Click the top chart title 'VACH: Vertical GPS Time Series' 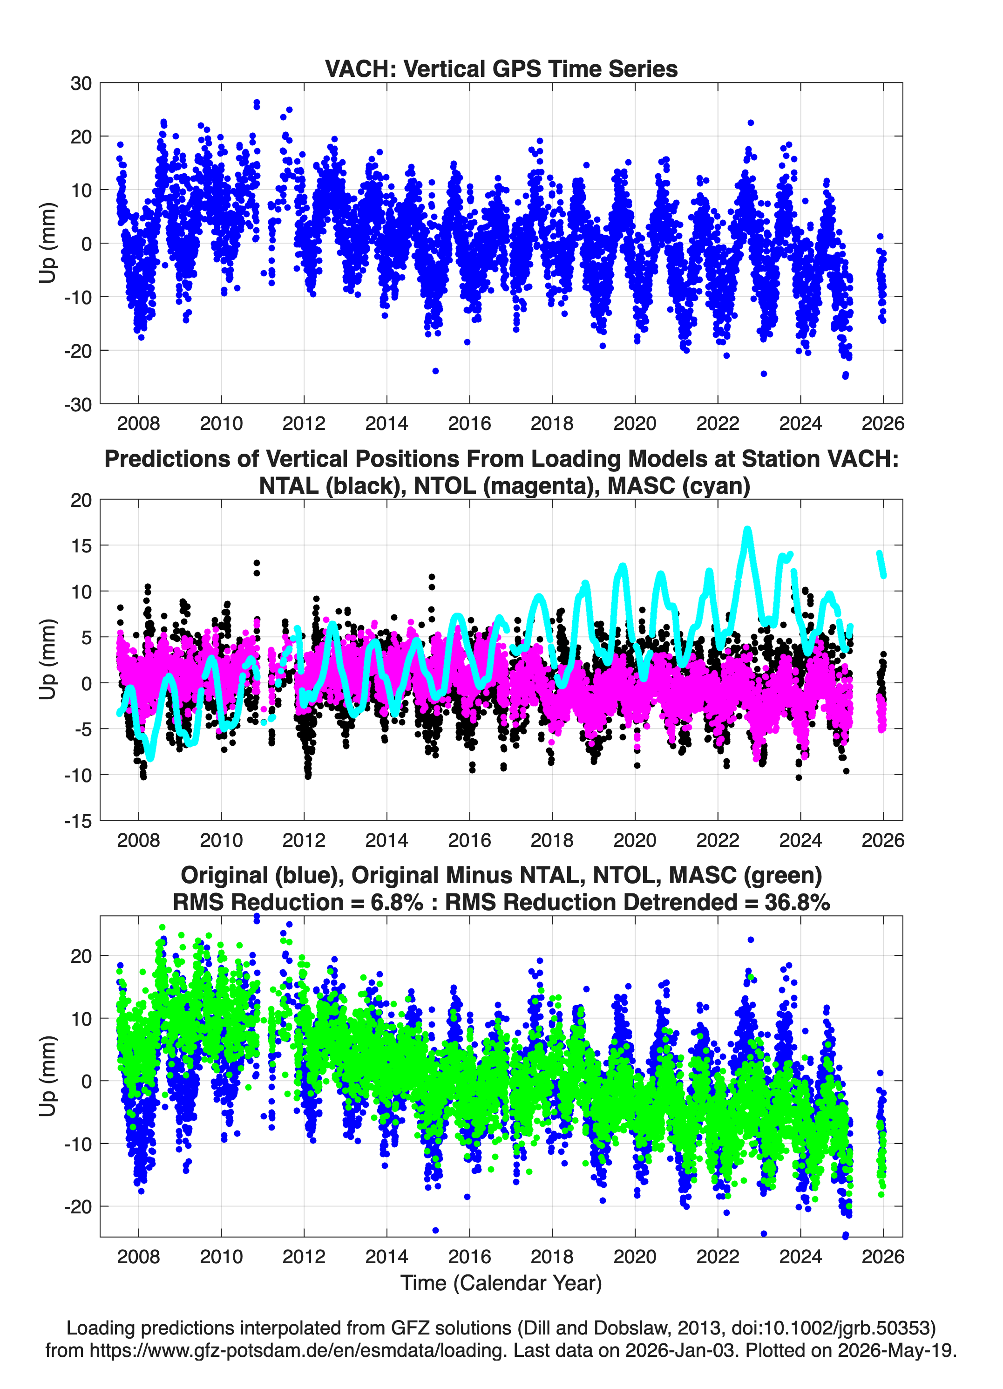[501, 68]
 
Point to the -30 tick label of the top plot [78, 404]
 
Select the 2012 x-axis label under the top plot [304, 423]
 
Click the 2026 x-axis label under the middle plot [882, 840]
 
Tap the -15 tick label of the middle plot [78, 821]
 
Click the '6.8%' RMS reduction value [397, 902]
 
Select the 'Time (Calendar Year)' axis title [501, 1282]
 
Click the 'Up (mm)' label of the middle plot [48, 660]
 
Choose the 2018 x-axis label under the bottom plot [552, 1256]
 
